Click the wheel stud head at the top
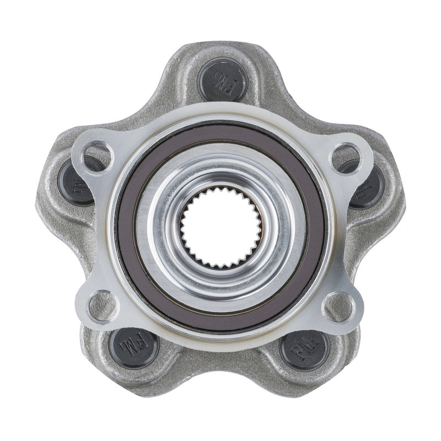tap(223, 80)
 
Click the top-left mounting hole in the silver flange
tap(98, 157)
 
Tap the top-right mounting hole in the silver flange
tap(345, 157)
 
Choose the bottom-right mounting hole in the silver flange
tap(338, 304)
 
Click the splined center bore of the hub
tap(221, 227)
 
